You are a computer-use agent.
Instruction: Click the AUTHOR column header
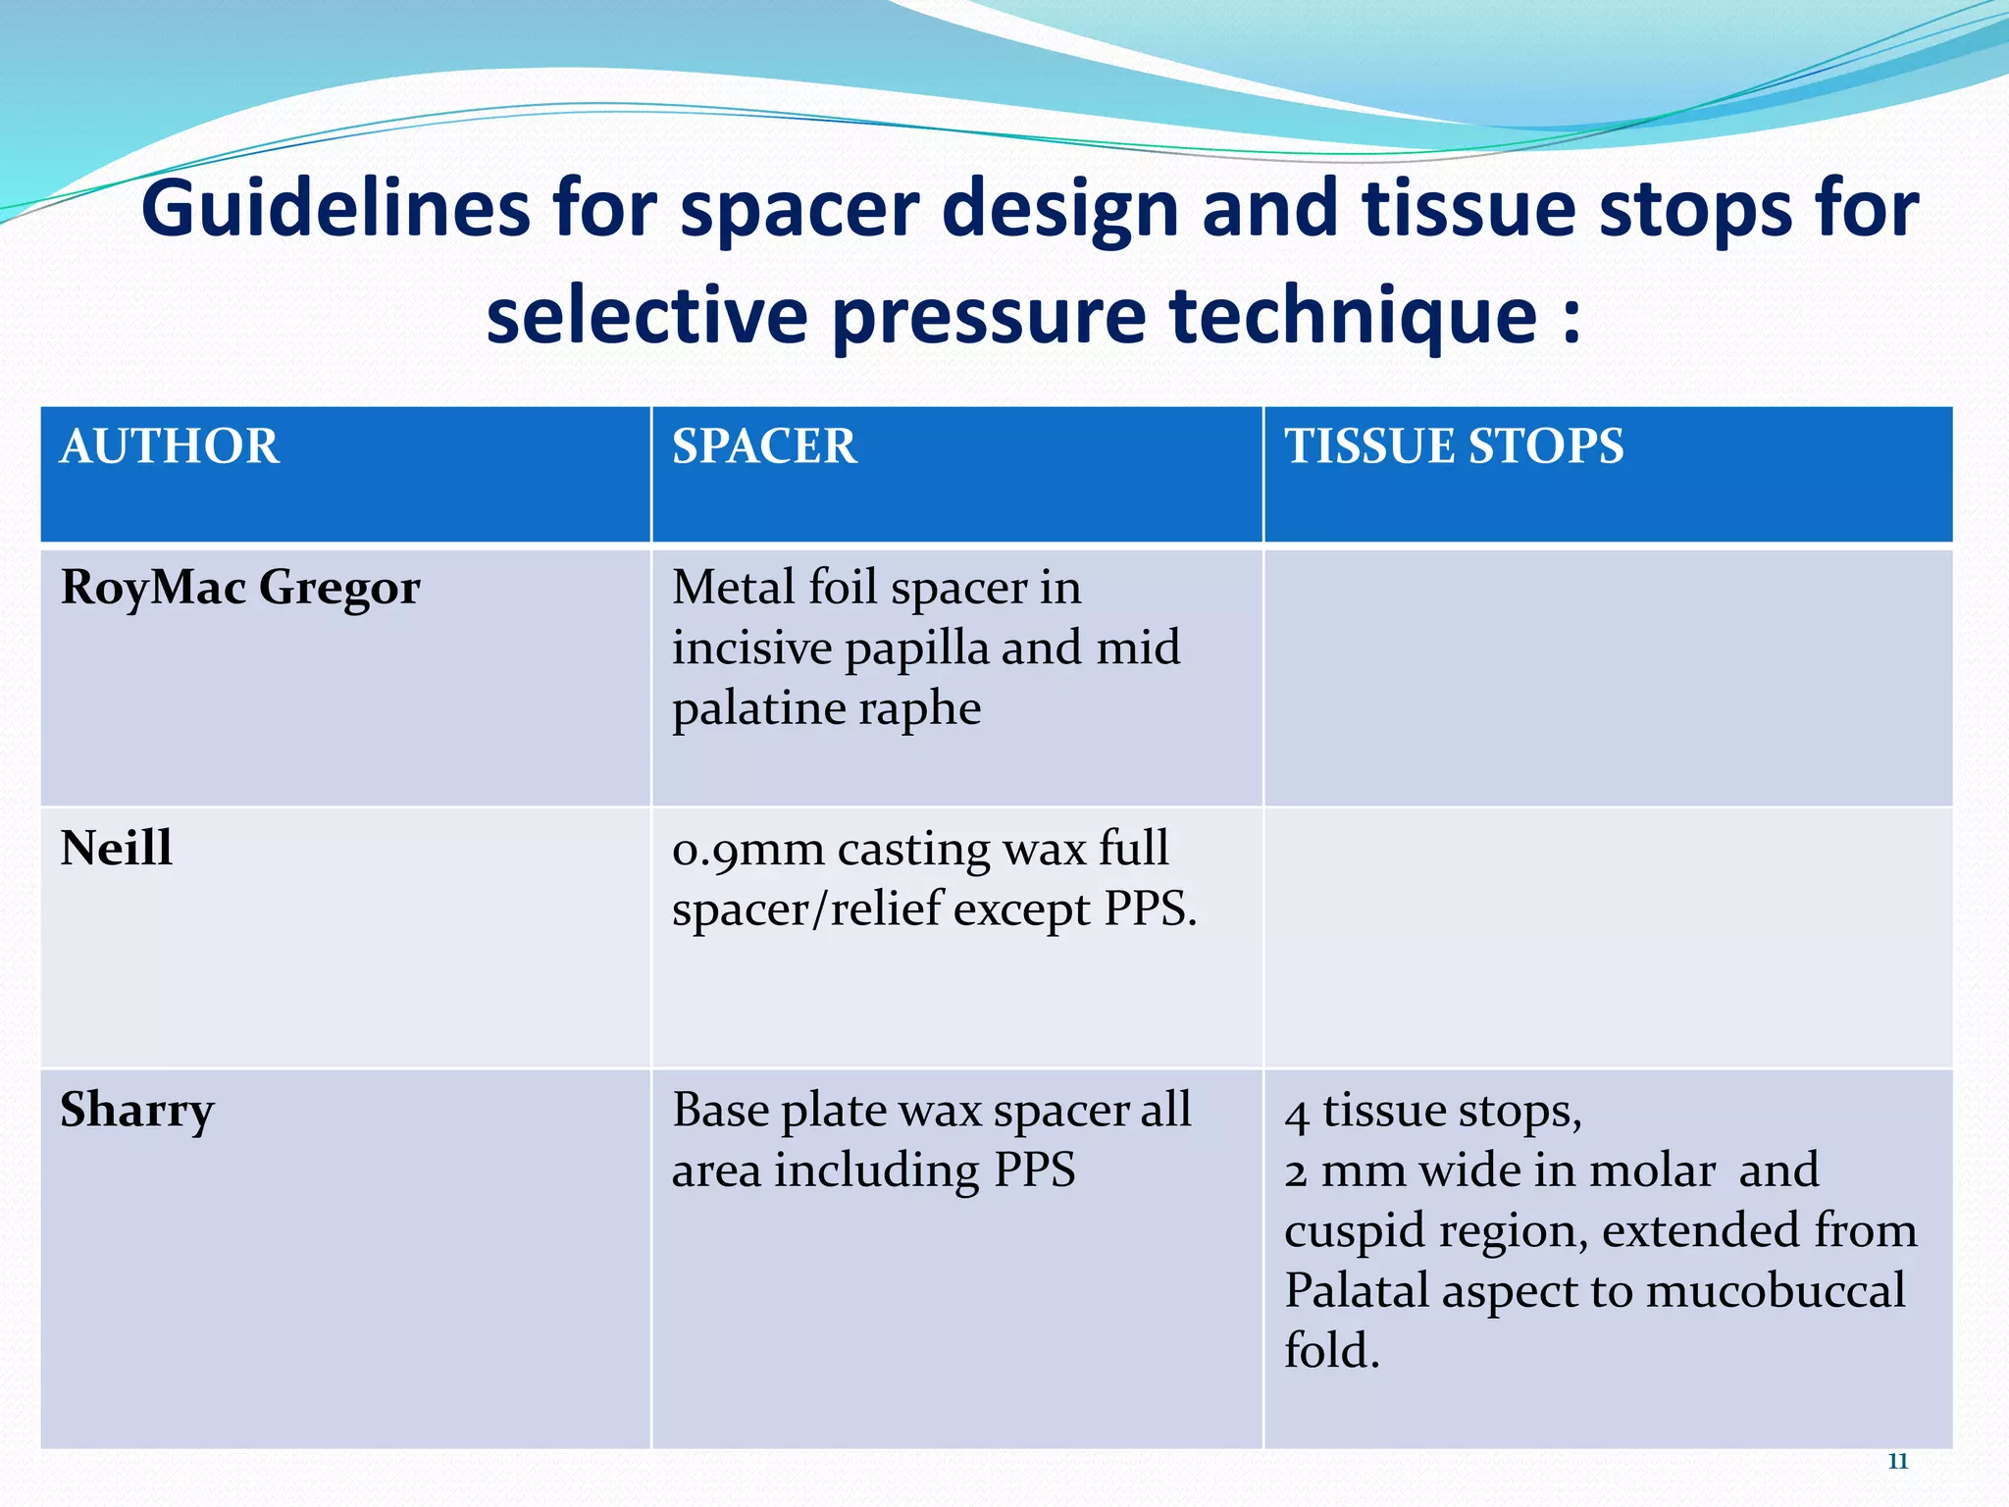pyautogui.click(x=170, y=446)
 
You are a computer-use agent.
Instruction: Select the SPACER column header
pyautogui.click(x=764, y=446)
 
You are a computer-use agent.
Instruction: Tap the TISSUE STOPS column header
pyautogui.click(x=1454, y=446)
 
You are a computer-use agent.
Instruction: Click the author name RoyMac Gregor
pyautogui.click(x=240, y=589)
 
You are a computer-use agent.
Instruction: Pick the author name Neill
pyautogui.click(x=117, y=849)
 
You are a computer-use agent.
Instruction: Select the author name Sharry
pyautogui.click(x=137, y=1111)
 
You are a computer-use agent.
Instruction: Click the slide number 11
pyautogui.click(x=1897, y=1461)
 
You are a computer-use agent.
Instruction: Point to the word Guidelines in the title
pyautogui.click(x=335, y=209)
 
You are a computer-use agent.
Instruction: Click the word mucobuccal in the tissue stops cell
pyautogui.click(x=1776, y=1291)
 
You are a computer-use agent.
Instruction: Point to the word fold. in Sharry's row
pyautogui.click(x=1332, y=1351)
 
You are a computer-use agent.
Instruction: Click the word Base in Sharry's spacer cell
pyautogui.click(x=720, y=1111)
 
